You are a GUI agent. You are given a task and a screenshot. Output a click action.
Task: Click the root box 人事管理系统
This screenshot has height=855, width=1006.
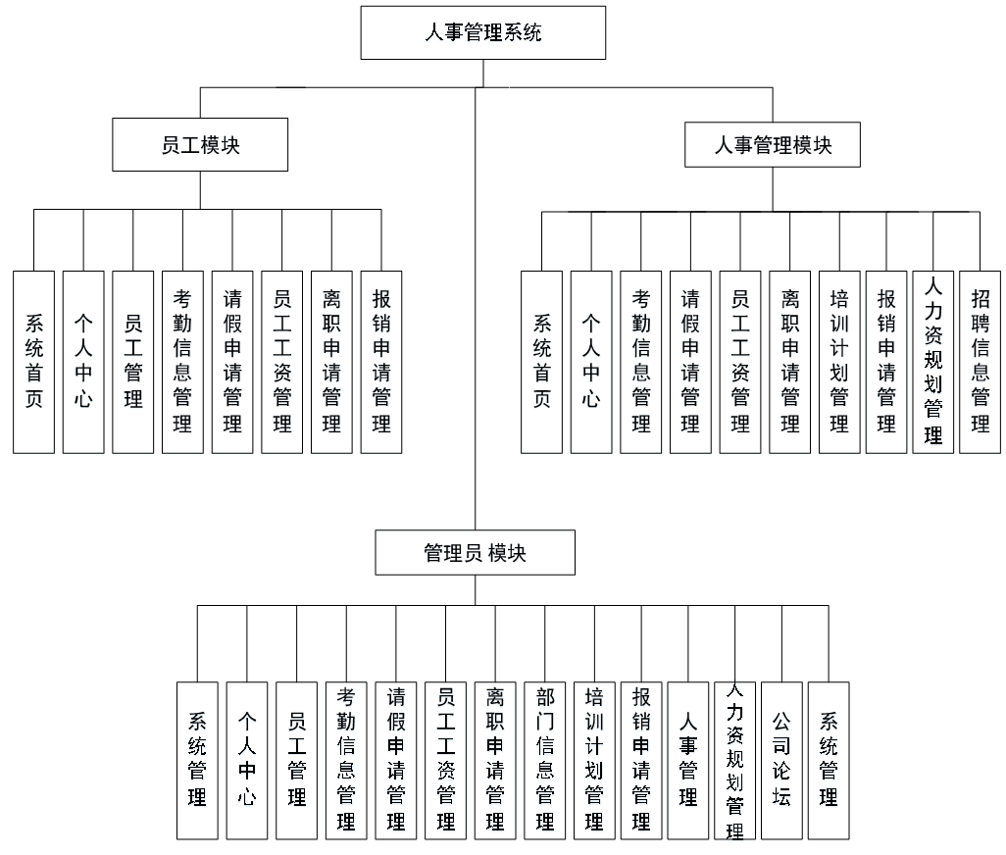[x=482, y=32]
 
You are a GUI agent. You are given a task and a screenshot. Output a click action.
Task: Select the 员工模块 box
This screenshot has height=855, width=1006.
[x=200, y=145]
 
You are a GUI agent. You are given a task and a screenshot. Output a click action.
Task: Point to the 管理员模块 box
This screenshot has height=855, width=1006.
[x=476, y=553]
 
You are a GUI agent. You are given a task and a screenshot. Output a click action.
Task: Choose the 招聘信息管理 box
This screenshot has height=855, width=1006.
[x=980, y=361]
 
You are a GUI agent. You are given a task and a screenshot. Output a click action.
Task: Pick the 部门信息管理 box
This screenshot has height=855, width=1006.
[x=544, y=760]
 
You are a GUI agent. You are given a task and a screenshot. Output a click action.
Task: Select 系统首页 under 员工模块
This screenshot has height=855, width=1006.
[x=33, y=361]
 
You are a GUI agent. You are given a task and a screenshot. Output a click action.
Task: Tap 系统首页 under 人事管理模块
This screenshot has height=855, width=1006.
[x=541, y=361]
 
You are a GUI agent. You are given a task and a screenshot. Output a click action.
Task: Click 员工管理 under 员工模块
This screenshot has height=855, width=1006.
[x=133, y=361]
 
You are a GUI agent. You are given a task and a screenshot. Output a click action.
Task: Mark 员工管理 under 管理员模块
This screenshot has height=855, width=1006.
[x=296, y=760]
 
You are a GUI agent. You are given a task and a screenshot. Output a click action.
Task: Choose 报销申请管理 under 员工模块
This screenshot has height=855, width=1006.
[x=381, y=361]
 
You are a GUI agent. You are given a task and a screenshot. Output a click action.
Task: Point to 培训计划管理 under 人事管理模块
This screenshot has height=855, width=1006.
[x=839, y=361]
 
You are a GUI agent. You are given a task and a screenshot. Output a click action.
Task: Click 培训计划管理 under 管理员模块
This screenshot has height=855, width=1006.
[x=594, y=760]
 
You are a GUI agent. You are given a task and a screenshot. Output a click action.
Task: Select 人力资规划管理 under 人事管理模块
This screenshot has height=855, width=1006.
[x=932, y=361]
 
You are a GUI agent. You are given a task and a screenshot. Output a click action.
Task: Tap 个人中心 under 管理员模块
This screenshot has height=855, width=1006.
[x=246, y=760]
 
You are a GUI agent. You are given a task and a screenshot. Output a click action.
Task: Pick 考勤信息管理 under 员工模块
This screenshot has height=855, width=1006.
[x=182, y=361]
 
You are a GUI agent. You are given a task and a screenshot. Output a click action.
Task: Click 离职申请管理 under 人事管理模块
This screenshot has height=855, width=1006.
[x=789, y=361]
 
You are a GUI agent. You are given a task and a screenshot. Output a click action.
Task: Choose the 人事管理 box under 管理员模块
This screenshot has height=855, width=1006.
[x=688, y=760]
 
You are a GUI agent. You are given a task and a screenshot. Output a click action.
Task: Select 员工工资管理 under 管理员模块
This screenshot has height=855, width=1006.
[x=445, y=760]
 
